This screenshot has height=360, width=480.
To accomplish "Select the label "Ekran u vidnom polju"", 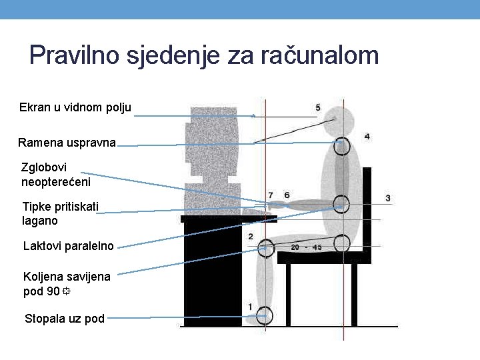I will point(75,107).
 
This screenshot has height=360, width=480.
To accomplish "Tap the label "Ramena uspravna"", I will point(67,142).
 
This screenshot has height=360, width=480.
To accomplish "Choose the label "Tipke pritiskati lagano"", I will point(60,213).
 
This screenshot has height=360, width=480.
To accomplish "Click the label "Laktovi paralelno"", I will point(69,246).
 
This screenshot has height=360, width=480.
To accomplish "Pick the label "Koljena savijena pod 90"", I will point(67,283).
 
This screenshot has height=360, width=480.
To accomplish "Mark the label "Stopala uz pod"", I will point(65,319).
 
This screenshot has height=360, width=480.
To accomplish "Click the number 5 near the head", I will point(318,108).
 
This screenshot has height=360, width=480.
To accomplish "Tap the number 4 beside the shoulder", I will point(367,137).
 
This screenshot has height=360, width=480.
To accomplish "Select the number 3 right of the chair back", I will point(388,198).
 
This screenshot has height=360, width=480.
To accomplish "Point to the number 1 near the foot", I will point(250,306).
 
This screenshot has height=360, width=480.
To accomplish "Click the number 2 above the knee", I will point(250,237).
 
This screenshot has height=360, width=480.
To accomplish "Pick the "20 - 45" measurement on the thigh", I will point(306,247).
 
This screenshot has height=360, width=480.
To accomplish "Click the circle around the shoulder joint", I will point(341,146).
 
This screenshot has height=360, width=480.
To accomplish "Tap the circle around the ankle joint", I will point(265,315).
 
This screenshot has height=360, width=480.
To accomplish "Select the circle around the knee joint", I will point(265,248).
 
